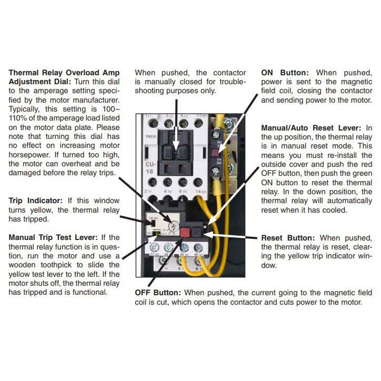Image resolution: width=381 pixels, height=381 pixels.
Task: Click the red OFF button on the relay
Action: coord(185,232)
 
